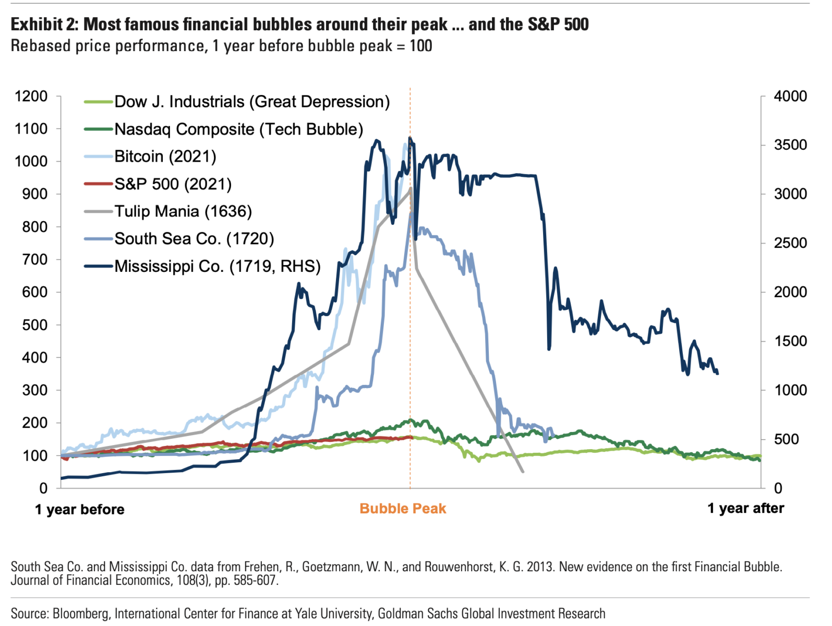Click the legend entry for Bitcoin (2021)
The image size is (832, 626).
(x=165, y=156)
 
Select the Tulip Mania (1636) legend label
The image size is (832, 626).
(x=183, y=211)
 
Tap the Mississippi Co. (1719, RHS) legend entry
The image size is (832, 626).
(x=218, y=266)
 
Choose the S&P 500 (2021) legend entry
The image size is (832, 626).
(x=173, y=184)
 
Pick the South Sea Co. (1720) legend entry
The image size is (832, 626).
(x=194, y=239)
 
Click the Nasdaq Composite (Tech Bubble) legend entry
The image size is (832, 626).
(x=238, y=129)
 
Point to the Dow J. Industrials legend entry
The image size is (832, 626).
(x=252, y=102)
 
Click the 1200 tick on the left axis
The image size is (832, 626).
(x=31, y=97)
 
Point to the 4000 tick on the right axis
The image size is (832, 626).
(x=790, y=97)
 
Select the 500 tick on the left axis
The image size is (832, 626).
(x=35, y=325)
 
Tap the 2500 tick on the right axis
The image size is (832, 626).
(x=790, y=243)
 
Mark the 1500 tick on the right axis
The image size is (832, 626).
(x=790, y=341)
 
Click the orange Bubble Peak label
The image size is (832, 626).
(x=403, y=509)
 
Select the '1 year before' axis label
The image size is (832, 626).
(x=80, y=510)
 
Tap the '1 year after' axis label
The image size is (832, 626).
(x=745, y=509)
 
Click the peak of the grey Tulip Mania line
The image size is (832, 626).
(x=411, y=188)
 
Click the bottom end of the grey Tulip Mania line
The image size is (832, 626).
(x=523, y=472)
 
